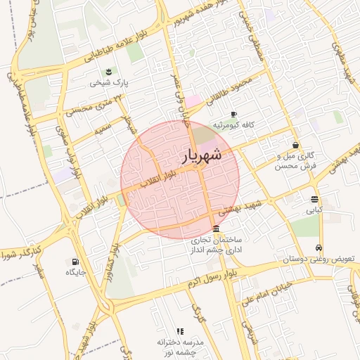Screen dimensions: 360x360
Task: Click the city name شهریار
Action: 203,155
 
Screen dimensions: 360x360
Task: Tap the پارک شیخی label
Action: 108,83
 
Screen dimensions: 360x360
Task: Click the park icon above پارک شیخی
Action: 108,72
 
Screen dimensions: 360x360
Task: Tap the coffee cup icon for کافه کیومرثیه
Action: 233,114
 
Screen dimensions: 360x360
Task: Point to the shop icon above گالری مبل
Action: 295,145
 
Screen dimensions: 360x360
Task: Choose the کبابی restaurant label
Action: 314,210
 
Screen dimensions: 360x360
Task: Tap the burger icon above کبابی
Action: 314,198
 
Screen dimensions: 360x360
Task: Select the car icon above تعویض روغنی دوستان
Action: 319,248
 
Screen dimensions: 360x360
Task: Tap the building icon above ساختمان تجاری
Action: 215,229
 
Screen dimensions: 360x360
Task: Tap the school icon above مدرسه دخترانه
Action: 180,330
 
